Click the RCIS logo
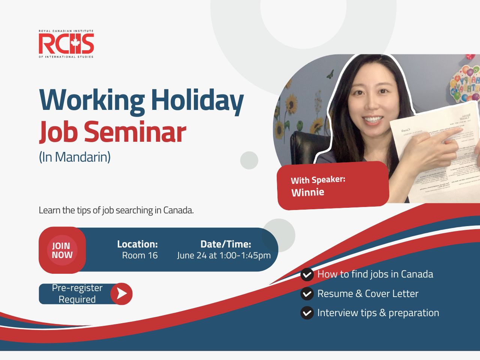tap(66, 44)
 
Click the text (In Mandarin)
tap(75, 157)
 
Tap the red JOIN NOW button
tap(62, 250)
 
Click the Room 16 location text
tap(139, 255)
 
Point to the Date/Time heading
tap(225, 244)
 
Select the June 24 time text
tap(224, 255)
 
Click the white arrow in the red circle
tap(121, 294)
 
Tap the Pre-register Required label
tap(77, 294)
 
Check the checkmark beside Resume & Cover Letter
tap(307, 294)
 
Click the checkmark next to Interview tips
tap(307, 313)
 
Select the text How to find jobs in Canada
tap(375, 274)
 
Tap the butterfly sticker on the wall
tap(330, 74)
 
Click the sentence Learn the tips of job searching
tap(116, 210)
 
